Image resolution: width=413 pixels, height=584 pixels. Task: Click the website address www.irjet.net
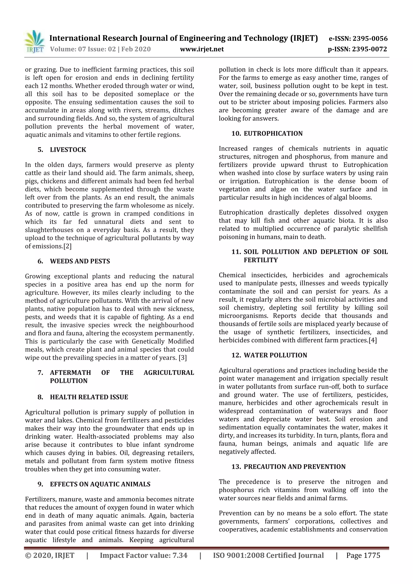pyautogui.click(x=202, y=49)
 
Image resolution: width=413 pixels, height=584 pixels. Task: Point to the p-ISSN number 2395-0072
pyautogui.click(x=369, y=49)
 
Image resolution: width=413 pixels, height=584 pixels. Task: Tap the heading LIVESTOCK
pyautogui.click(x=68, y=150)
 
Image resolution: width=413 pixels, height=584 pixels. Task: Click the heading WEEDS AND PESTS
pyautogui.click(x=80, y=261)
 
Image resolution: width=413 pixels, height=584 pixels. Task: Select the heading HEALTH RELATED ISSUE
pyautogui.click(x=89, y=397)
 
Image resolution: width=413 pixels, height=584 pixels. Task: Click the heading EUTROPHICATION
pyautogui.click(x=273, y=133)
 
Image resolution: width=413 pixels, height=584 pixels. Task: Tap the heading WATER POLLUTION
pyautogui.click(x=275, y=355)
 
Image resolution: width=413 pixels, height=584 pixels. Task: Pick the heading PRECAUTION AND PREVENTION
pyautogui.click(x=294, y=467)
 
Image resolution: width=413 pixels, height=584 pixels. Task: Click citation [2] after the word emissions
pyautogui.click(x=67, y=246)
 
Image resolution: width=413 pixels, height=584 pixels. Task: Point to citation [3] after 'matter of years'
pyautogui.click(x=183, y=358)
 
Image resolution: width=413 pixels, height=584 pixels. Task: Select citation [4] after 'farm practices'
pyautogui.click(x=372, y=340)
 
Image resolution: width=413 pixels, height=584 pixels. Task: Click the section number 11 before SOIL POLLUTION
pyautogui.click(x=236, y=252)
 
